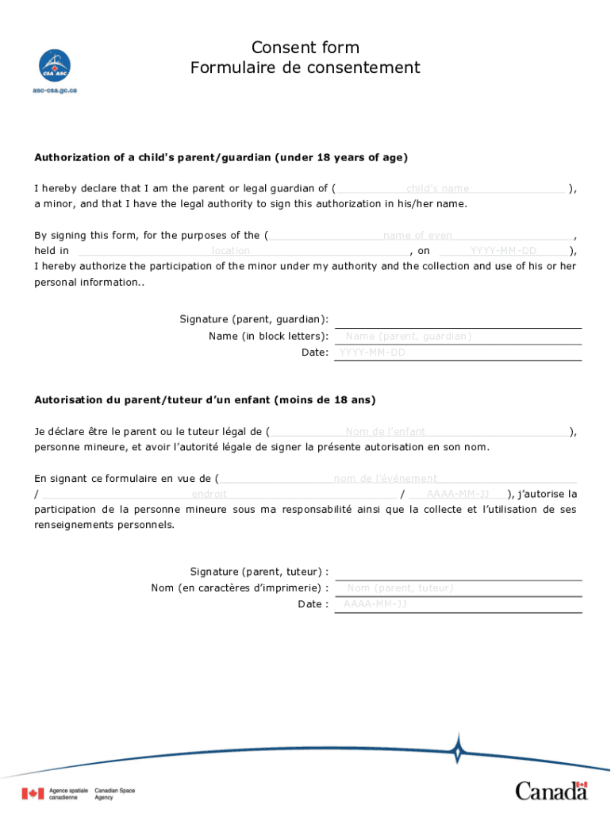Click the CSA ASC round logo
pyautogui.click(x=55, y=65)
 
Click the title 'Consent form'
pyautogui.click(x=305, y=48)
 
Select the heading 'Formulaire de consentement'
pyautogui.click(x=305, y=68)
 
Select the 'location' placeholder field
pyautogui.click(x=238, y=251)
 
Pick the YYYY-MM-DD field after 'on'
pyautogui.click(x=503, y=251)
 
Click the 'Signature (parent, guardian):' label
pyautogui.click(x=254, y=319)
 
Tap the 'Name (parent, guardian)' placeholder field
pyautogui.click(x=459, y=337)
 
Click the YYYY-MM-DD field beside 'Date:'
pyautogui.click(x=459, y=353)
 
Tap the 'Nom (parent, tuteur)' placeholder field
pyautogui.click(x=459, y=588)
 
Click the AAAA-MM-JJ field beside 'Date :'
pyautogui.click(x=459, y=604)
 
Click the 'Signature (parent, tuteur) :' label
pyautogui.click(x=259, y=572)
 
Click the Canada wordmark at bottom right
pyautogui.click(x=551, y=790)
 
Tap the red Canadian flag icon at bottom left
pyautogui.click(x=33, y=793)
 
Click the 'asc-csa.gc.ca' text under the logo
pyautogui.click(x=55, y=91)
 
